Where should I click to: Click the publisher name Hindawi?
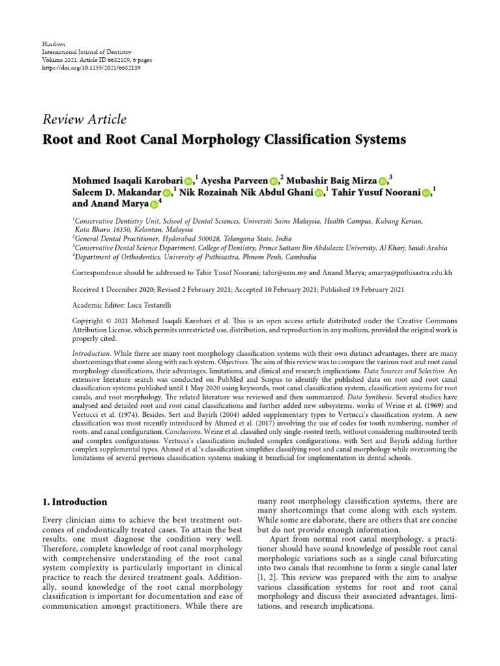tap(53, 44)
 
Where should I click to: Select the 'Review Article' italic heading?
tap(84, 119)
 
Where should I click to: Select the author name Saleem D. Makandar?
tap(116, 193)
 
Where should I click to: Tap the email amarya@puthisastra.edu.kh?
tap(411, 273)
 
